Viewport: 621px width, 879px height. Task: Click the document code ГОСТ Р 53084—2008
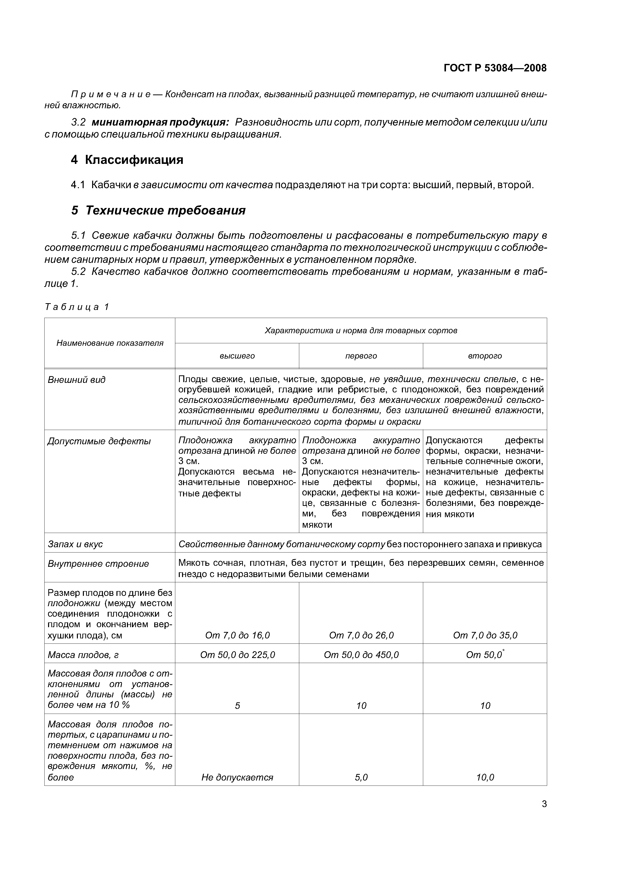495,68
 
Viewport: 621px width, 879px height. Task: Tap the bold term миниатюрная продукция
160,123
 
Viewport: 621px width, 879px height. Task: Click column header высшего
237,356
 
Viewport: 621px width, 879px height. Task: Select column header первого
361,356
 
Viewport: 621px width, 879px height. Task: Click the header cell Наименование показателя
110,343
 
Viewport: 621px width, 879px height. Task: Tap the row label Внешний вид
77,380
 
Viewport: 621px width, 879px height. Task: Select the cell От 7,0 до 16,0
237,635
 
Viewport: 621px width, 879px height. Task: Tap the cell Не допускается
237,777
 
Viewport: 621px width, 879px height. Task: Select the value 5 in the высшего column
237,706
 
